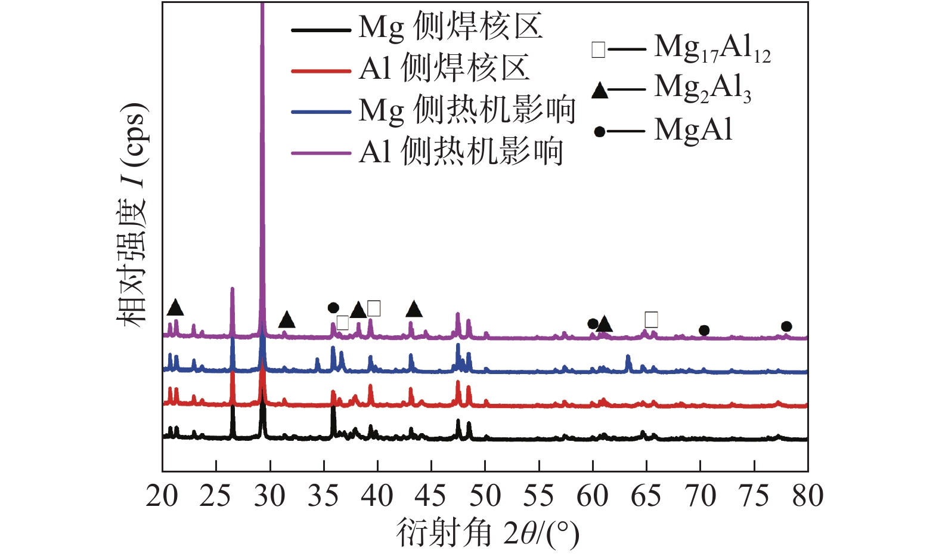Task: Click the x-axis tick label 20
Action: coord(162,496)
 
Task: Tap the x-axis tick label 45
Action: coord(431,496)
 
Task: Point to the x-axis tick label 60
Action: coord(593,496)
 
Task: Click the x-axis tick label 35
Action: coord(324,496)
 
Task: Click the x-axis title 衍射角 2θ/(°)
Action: coord(488,533)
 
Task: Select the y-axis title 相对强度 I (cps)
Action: coord(132,215)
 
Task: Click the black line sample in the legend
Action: coord(321,30)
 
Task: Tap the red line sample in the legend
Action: coord(321,71)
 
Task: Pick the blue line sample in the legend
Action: coord(321,112)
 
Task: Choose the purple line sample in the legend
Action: coord(321,153)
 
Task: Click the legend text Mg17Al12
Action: coord(712,48)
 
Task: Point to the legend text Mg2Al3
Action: coord(702,88)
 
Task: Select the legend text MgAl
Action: coord(693,130)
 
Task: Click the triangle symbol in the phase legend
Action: coord(600,91)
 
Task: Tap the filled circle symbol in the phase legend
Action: coord(600,132)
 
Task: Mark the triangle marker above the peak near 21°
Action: coord(175,308)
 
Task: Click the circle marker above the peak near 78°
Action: coord(786,326)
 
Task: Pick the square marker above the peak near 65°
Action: coord(651,320)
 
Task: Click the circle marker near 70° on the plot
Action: coord(704,330)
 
